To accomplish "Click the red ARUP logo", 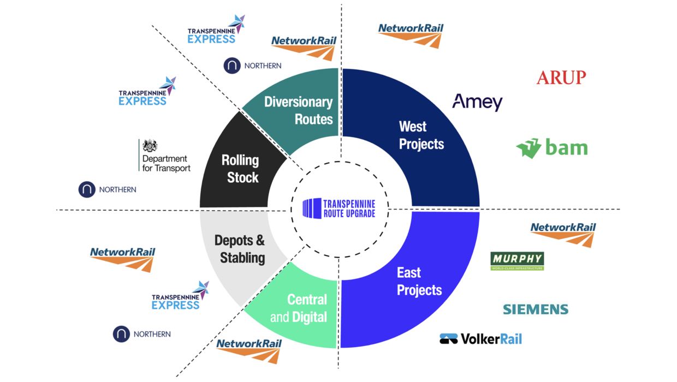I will pos(561,77).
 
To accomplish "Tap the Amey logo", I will pos(477,102).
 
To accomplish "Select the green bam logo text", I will pos(566,147).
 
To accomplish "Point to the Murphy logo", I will pos(517,260).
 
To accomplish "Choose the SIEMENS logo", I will pos(535,309).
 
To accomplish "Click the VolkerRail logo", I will pos(480,339).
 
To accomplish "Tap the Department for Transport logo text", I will pos(166,163).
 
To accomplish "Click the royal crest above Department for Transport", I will pos(150,146).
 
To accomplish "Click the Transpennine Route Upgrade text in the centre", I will pos(349,208).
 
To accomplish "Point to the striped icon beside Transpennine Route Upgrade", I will pos(312,208).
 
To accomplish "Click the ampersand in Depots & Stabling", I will pos(259,241).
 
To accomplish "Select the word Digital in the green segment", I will pos(309,317).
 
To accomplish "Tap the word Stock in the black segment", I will pos(243,177).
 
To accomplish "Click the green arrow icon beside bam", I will pos(528,148).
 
